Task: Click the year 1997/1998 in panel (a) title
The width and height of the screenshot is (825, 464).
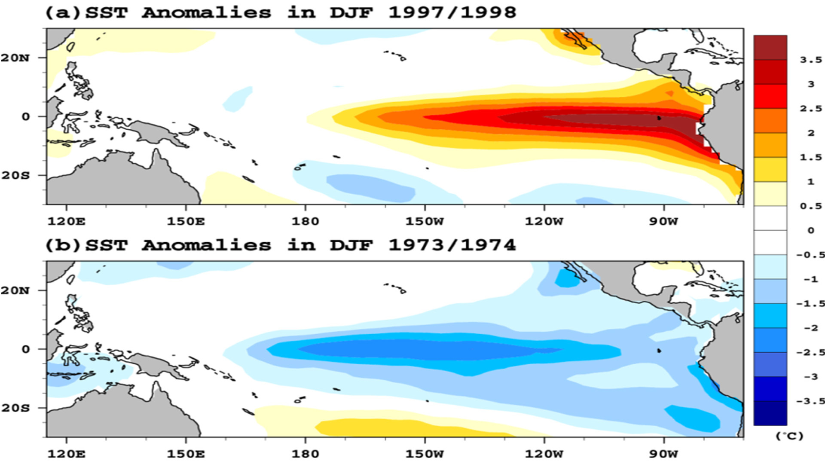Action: pyautogui.click(x=452, y=12)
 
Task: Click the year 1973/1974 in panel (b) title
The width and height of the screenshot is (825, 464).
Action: pyautogui.click(x=452, y=245)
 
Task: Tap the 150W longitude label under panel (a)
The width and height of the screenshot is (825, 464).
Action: pyautogui.click(x=425, y=222)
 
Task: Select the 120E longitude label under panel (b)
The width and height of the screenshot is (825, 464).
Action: pyautogui.click(x=66, y=454)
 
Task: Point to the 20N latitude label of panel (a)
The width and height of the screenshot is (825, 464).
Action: pyautogui.click(x=15, y=58)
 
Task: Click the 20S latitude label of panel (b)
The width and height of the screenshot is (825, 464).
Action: pyautogui.click(x=15, y=408)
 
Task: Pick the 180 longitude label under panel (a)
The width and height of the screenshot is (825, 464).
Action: pyautogui.click(x=305, y=222)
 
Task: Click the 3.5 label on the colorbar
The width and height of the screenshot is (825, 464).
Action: pyautogui.click(x=811, y=60)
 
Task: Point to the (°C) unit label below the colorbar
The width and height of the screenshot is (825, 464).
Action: pyautogui.click(x=789, y=436)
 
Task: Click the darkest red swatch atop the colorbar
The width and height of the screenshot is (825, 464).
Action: pyautogui.click(x=770, y=48)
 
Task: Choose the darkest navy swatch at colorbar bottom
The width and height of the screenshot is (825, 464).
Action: pyautogui.click(x=770, y=413)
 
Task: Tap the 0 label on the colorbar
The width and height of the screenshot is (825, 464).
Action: pyautogui.click(x=811, y=231)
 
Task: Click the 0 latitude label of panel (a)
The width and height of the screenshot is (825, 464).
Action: pyautogui.click(x=26, y=116)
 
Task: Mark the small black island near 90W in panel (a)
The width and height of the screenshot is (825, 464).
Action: pyautogui.click(x=659, y=118)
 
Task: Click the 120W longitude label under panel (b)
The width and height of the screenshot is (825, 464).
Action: pyautogui.click(x=544, y=454)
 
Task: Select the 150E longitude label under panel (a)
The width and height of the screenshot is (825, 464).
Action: pyautogui.click(x=186, y=222)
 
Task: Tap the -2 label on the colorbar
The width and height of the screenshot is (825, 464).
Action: pyautogui.click(x=810, y=328)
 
